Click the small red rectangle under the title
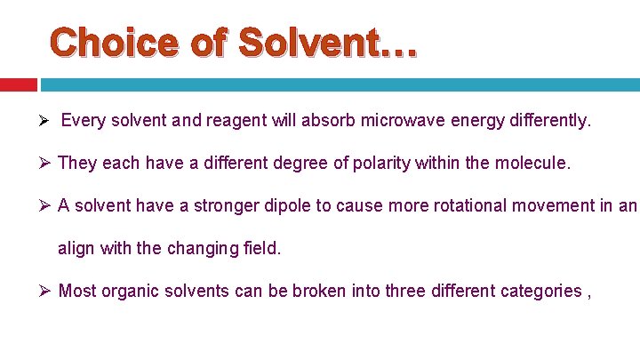pyautogui.click(x=18, y=84)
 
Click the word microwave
pyautogui.click(x=399, y=120)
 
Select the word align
pyautogui.click(x=76, y=249)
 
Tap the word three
pyautogui.click(x=405, y=291)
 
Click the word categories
pyautogui.click(x=536, y=291)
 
